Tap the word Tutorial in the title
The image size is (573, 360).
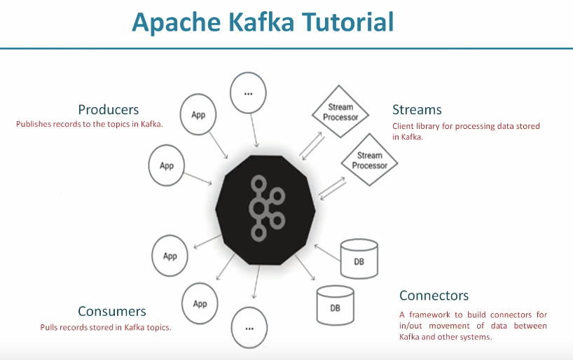click(x=347, y=24)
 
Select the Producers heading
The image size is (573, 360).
click(x=108, y=110)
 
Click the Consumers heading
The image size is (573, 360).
click(x=112, y=312)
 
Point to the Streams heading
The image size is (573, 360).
click(x=417, y=110)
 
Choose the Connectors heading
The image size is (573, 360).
click(x=434, y=296)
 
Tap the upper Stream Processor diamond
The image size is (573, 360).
click(x=340, y=113)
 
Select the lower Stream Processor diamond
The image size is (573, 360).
click(x=369, y=160)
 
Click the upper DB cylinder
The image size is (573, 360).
click(x=359, y=258)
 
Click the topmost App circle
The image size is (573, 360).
click(x=199, y=114)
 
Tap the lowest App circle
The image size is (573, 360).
click(x=200, y=303)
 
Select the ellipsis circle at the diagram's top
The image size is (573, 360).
click(x=249, y=92)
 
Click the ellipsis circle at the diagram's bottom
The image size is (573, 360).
click(x=249, y=327)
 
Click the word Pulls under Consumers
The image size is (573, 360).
click(x=48, y=327)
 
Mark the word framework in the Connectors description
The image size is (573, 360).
click(x=427, y=315)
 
